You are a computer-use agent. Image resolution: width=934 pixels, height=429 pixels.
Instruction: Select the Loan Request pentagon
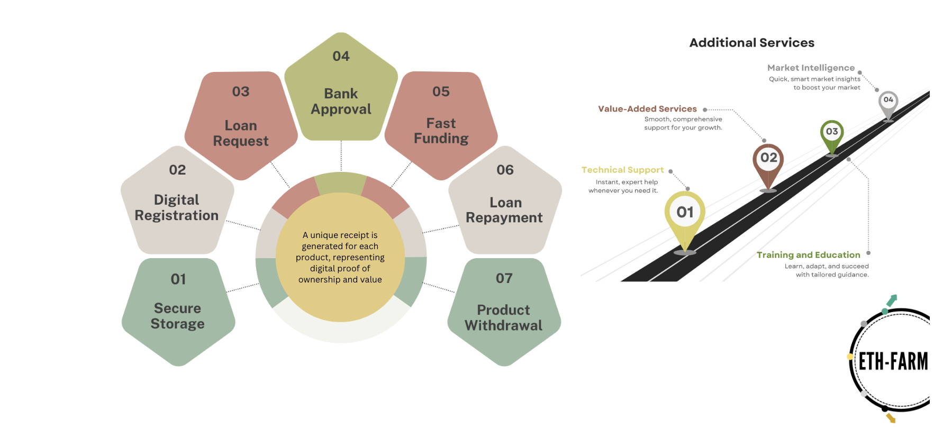(241, 125)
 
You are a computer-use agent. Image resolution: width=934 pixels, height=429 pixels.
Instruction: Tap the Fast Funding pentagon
(441, 125)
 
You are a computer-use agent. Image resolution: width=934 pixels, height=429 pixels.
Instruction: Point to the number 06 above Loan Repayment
(505, 170)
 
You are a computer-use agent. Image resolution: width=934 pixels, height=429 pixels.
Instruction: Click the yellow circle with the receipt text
(340, 257)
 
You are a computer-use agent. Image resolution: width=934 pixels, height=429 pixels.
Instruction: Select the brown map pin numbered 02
(768, 164)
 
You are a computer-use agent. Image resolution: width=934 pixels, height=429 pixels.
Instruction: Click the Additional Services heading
(751, 43)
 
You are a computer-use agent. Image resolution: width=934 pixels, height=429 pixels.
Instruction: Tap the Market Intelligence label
(811, 68)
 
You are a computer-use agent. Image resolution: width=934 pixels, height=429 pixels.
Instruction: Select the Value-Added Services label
(647, 109)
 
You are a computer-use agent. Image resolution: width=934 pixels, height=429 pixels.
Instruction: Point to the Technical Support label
(622, 170)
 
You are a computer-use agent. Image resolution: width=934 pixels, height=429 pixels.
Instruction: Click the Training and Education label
(808, 255)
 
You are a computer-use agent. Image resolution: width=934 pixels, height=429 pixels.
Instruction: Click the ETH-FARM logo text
(893, 362)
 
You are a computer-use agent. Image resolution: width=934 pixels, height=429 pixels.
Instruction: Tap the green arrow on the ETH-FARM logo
(892, 300)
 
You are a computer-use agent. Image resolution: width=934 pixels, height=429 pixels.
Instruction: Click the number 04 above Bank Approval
(341, 56)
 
